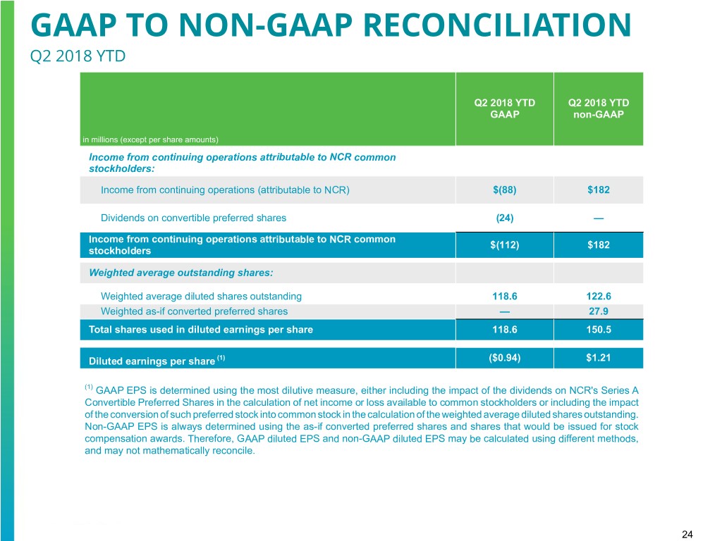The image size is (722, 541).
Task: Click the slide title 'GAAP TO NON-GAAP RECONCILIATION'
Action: tap(331, 26)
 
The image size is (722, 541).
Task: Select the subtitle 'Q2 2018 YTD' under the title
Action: tap(78, 55)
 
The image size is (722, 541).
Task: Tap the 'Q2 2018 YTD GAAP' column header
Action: tap(504, 108)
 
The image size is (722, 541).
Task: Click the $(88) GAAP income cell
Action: tap(504, 189)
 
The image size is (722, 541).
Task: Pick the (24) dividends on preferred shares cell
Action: tap(504, 218)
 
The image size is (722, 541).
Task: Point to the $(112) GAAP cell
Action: tap(504, 244)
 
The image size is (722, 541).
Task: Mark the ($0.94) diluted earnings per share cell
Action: tap(504, 358)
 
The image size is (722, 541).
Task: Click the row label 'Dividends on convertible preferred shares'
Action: tap(193, 218)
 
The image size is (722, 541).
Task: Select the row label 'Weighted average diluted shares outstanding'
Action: tap(201, 297)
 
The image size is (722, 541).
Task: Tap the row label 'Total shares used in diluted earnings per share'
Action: tap(201, 329)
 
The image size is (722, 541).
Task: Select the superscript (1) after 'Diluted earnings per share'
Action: tap(221, 358)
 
